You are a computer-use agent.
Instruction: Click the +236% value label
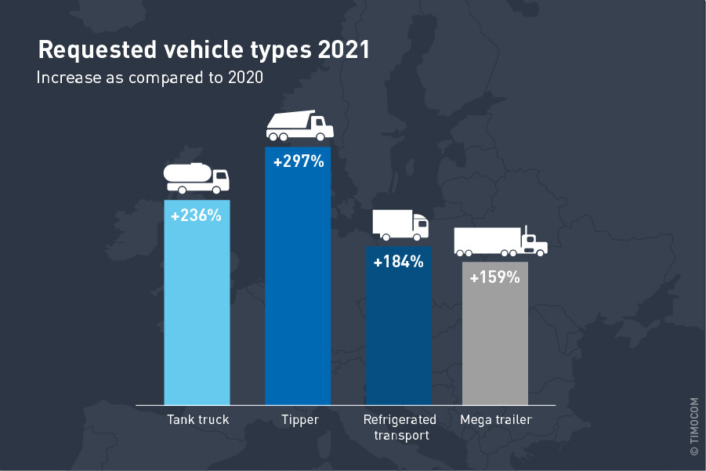point(197,215)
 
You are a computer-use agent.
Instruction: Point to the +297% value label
point(298,162)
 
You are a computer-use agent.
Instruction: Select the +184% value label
point(399,262)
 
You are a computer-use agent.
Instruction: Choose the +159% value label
point(495,277)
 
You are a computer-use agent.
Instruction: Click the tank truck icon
point(197,179)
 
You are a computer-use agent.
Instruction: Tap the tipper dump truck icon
point(299,126)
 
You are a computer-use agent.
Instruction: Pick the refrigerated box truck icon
point(400,225)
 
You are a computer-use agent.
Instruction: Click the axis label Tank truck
point(198,420)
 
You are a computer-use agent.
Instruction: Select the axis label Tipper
point(300,420)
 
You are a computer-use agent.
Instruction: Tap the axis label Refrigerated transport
point(400,427)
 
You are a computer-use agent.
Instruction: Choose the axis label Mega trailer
point(496,420)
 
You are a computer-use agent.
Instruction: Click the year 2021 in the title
point(344,50)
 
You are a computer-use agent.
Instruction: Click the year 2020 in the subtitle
point(242,78)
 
